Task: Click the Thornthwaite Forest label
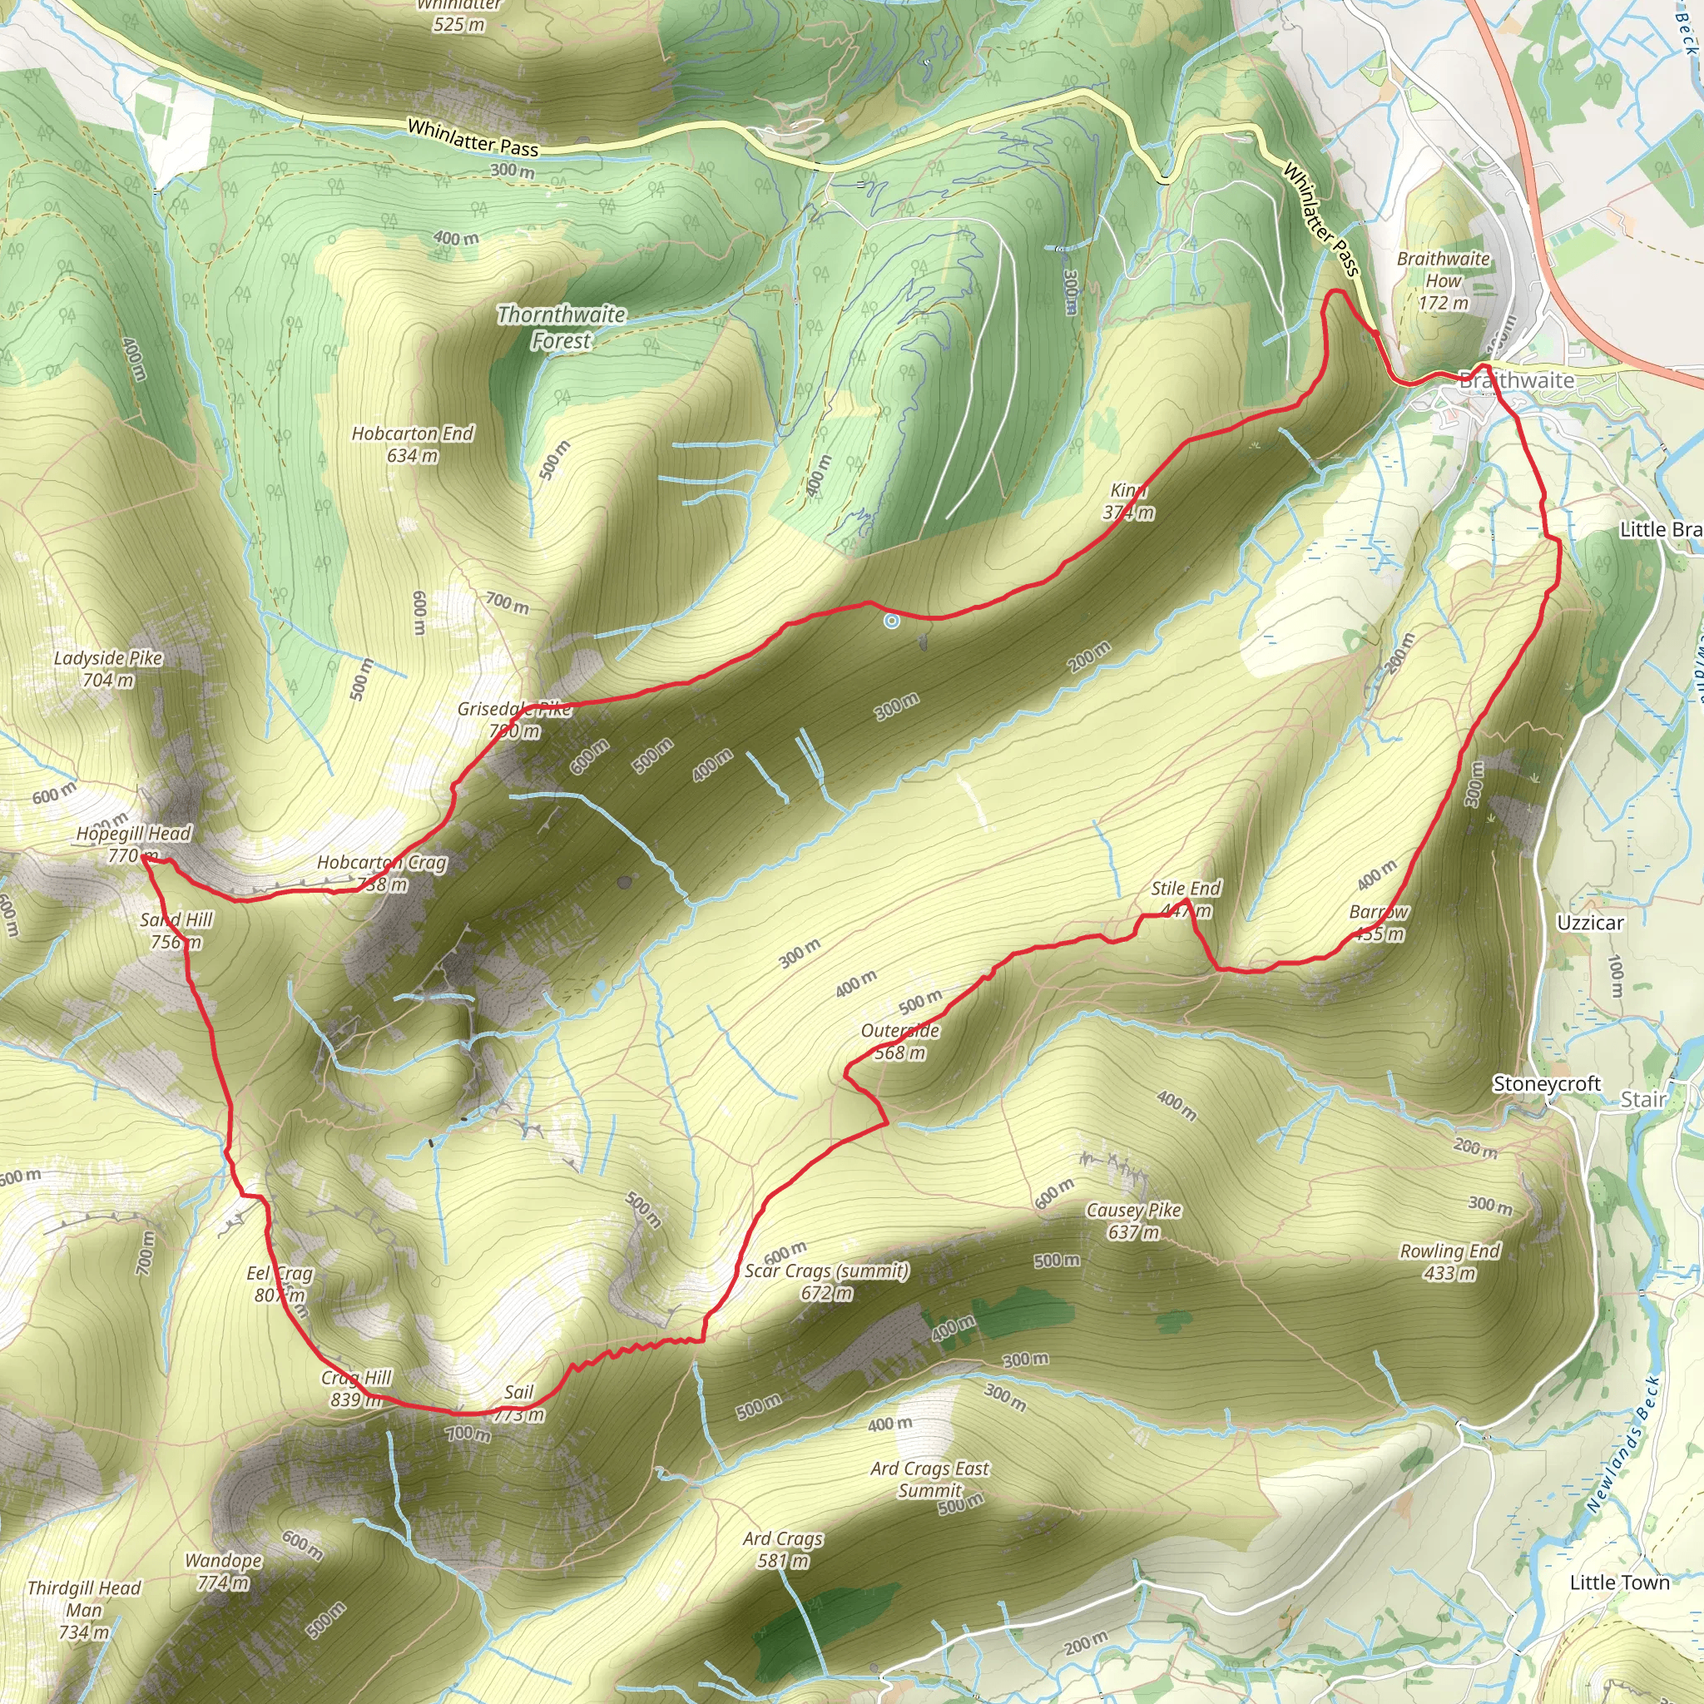click(562, 327)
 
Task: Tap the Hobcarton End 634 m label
click(413, 444)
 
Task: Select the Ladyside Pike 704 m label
click(108, 669)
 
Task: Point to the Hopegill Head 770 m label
click(133, 844)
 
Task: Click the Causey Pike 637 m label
click(1133, 1221)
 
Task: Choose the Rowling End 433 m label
click(1450, 1262)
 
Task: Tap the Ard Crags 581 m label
click(782, 1549)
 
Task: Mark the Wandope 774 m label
click(223, 1571)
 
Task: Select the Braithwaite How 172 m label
click(1443, 280)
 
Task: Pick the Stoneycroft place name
click(1546, 1084)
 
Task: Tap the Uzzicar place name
click(1590, 923)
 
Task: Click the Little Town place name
click(1619, 1583)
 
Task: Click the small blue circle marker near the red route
click(892, 621)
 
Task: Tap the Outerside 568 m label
click(900, 1042)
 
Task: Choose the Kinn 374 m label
click(1128, 501)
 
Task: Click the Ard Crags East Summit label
click(929, 1479)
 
